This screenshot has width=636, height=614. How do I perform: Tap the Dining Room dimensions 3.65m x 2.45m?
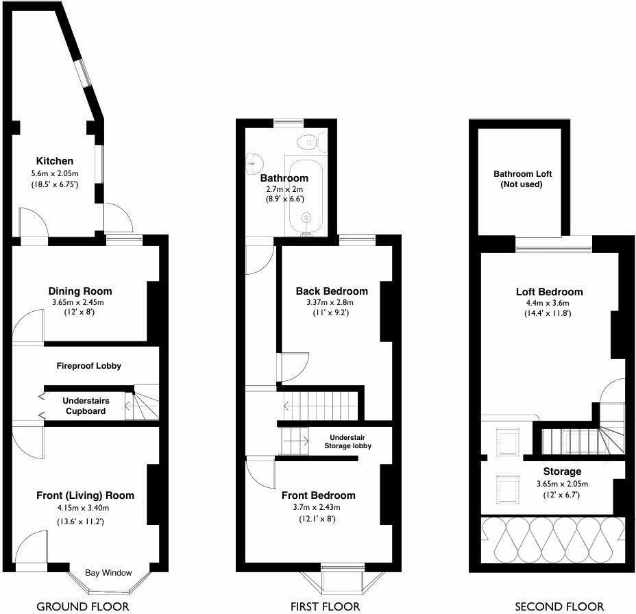[x=80, y=302]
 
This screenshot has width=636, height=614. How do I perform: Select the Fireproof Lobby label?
[x=88, y=366]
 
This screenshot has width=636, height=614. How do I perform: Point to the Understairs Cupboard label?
[x=84, y=406]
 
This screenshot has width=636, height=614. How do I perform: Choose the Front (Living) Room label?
[x=86, y=495]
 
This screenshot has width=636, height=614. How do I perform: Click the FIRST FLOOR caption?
[x=325, y=606]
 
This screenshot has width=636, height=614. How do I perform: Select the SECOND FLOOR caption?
[x=559, y=606]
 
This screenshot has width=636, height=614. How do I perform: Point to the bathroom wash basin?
[x=254, y=162]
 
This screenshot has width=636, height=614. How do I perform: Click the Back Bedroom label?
[x=332, y=291]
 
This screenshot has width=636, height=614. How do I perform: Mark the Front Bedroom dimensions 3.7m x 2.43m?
[x=318, y=507]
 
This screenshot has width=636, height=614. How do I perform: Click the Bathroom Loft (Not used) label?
[x=522, y=180]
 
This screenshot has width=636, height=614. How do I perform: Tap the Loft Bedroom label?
[x=549, y=291]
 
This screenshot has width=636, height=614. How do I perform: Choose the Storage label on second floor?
[x=562, y=471]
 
